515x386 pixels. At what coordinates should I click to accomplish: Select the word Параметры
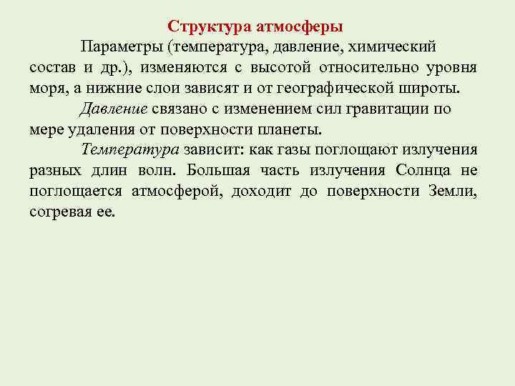tap(120, 47)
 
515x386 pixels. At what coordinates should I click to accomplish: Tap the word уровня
tap(448, 68)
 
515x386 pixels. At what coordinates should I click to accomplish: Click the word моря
tap(49, 89)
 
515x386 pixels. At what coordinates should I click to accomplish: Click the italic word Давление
tap(114, 109)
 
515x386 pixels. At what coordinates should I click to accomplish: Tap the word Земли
tap(452, 192)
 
